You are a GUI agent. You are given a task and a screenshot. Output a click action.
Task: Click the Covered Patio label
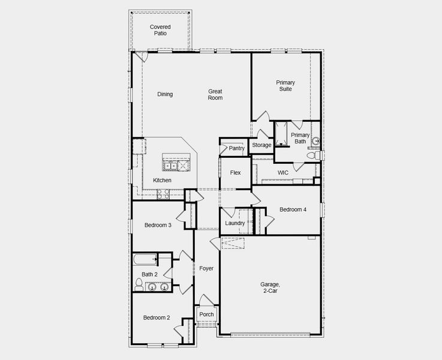click(x=160, y=30)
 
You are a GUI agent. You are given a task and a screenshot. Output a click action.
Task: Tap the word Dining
click(x=165, y=94)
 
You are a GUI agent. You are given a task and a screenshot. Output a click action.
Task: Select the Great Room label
click(x=215, y=94)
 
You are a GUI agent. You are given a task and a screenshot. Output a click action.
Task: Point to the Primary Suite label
click(x=285, y=85)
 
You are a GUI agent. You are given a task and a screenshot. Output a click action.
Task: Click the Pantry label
click(x=236, y=148)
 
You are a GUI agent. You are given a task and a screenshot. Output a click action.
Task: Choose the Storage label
click(x=261, y=145)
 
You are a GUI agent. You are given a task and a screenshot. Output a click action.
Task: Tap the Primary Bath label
click(x=300, y=138)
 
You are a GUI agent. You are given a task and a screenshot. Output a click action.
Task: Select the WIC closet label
click(x=283, y=173)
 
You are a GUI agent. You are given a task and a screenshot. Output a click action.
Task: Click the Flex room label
click(x=235, y=173)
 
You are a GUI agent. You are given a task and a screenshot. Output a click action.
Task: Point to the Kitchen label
click(x=162, y=180)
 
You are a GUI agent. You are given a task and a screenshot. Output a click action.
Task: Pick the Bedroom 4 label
click(x=293, y=209)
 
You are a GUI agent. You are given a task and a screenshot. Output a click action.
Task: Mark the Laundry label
click(x=234, y=223)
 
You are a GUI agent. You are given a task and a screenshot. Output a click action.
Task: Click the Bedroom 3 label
click(x=158, y=226)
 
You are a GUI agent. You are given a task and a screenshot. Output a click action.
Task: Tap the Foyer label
click(x=206, y=268)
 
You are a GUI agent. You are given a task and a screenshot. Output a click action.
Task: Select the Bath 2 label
click(x=149, y=274)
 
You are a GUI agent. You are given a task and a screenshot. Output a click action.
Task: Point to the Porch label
click(x=206, y=314)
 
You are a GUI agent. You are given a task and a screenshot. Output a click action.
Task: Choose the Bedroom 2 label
click(x=156, y=318)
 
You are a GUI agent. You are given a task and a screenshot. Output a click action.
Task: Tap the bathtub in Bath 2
click(x=145, y=260)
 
